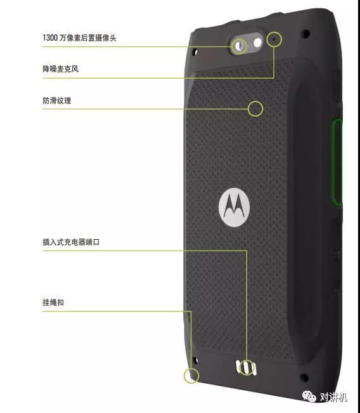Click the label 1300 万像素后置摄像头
pyautogui.click(x=79, y=38)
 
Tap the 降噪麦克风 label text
pyautogui.click(x=61, y=69)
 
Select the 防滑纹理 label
pyautogui.click(x=57, y=100)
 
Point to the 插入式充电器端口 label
pyautogui.click(x=71, y=242)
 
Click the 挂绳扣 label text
pyautogui.click(x=53, y=302)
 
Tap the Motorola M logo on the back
pyautogui.click(x=234, y=207)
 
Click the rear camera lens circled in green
pyautogui.click(x=239, y=46)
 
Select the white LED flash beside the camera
pyautogui.click(x=257, y=42)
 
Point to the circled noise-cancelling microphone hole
pyautogui.click(x=274, y=39)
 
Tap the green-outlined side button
pyautogui.click(x=337, y=162)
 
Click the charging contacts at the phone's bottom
pyautogui.click(x=247, y=368)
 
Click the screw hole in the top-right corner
pyautogui.click(x=305, y=34)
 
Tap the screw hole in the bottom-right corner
pyautogui.click(x=304, y=377)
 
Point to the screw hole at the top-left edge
pyautogui.click(x=195, y=51)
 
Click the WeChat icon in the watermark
pyautogui.click(x=309, y=396)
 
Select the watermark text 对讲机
pyautogui.click(x=333, y=397)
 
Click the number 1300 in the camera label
pyautogui.click(x=50, y=38)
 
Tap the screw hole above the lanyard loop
pyautogui.click(x=195, y=360)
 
